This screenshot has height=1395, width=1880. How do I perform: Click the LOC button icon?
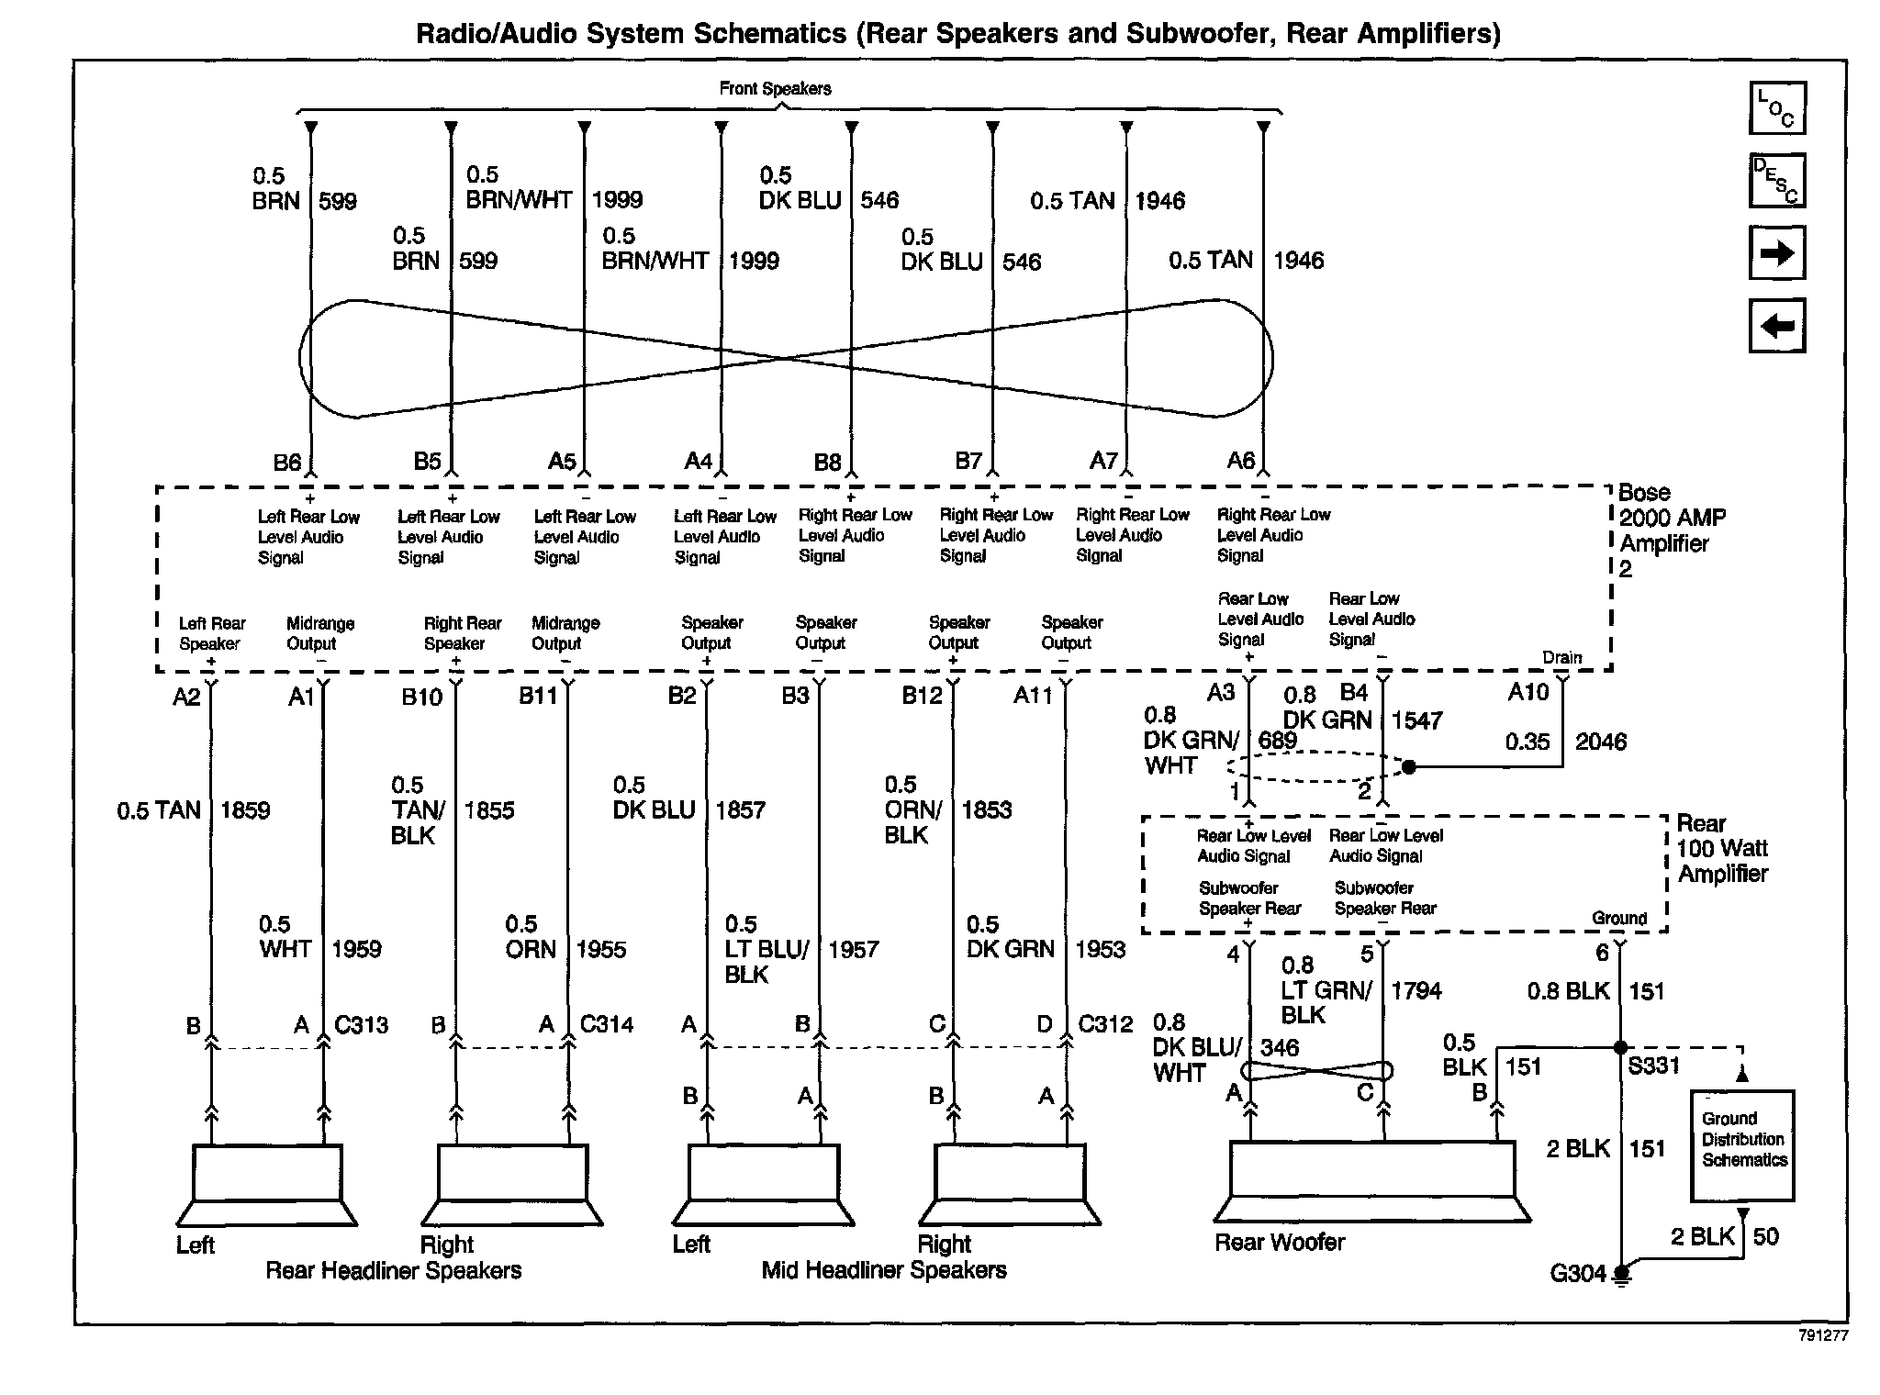[1777, 108]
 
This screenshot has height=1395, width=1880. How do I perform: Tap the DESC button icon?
[1777, 181]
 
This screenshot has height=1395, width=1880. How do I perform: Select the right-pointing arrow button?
[1777, 252]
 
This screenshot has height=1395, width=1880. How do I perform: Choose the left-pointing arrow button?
[1777, 325]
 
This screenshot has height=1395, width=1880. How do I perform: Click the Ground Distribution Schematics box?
[1742, 1144]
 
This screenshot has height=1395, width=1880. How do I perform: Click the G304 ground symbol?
[1622, 1274]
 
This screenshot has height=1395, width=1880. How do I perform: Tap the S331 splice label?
[1654, 1066]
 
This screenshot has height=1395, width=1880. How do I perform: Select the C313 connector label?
[361, 1024]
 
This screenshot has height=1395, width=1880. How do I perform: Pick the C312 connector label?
[1105, 1024]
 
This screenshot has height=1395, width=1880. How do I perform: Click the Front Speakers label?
[775, 89]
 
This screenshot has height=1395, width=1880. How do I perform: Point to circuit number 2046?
[1601, 742]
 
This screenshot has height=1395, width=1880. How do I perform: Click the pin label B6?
[287, 463]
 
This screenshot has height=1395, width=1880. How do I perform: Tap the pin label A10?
[1528, 692]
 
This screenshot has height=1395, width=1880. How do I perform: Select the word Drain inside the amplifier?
[1561, 657]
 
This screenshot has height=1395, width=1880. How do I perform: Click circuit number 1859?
[245, 810]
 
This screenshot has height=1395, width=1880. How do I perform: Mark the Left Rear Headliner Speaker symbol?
[266, 1185]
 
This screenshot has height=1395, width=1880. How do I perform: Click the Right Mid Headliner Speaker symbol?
[1009, 1185]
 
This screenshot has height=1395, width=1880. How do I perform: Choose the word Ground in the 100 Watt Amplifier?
[1619, 918]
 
